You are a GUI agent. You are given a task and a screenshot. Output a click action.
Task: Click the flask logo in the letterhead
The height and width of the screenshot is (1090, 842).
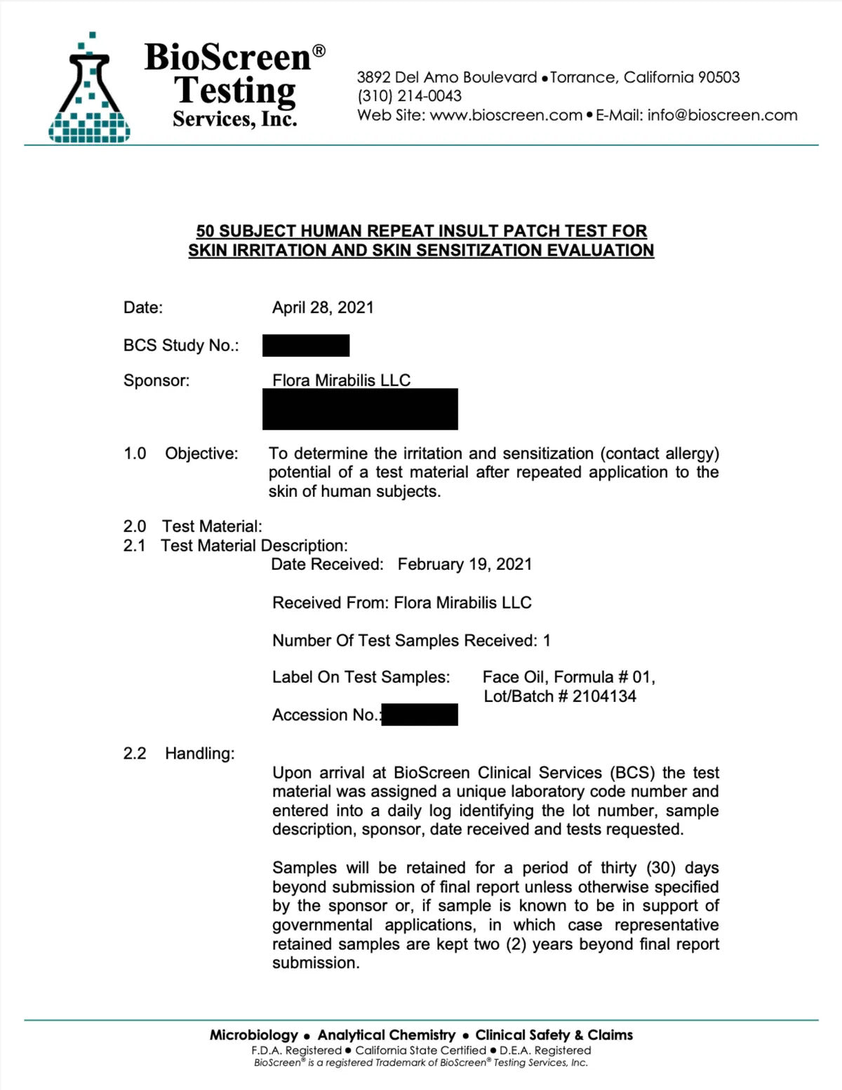pos(89,90)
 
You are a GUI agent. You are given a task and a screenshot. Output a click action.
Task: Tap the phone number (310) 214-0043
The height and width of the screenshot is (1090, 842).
pos(409,96)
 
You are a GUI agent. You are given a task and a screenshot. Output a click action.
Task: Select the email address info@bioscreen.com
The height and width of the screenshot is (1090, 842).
pos(722,115)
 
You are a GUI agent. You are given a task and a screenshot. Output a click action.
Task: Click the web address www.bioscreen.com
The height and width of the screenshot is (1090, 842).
pos(506,115)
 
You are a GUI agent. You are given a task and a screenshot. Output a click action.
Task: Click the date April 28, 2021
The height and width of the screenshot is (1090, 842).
pos(323,307)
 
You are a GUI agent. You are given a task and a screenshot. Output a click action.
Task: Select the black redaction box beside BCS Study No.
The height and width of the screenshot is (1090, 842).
pos(306,345)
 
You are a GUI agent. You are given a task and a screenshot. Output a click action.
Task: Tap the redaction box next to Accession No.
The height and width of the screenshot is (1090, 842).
pos(420,715)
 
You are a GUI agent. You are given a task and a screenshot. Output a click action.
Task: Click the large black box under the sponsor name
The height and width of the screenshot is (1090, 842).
pos(360,409)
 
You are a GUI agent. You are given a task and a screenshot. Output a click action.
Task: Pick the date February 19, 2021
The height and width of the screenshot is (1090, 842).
pos(465,564)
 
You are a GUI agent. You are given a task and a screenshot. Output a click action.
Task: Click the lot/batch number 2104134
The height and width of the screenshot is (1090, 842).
pos(604,696)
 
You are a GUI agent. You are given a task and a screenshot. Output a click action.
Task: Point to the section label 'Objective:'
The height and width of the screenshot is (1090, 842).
pos(201,453)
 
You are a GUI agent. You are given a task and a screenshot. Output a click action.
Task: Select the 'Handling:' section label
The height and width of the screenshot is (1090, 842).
pos(200,753)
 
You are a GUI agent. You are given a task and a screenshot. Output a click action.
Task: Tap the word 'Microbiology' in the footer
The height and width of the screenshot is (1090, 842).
pos(254,1035)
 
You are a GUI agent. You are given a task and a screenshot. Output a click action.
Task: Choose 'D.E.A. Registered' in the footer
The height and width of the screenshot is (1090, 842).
pos(545,1050)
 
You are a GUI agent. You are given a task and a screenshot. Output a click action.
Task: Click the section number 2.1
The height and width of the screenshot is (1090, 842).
pos(134,545)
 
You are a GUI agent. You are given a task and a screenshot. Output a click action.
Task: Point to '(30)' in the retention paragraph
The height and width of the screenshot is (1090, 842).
pos(660,868)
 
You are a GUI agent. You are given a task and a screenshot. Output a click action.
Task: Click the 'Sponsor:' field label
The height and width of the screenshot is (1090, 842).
pos(156,380)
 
